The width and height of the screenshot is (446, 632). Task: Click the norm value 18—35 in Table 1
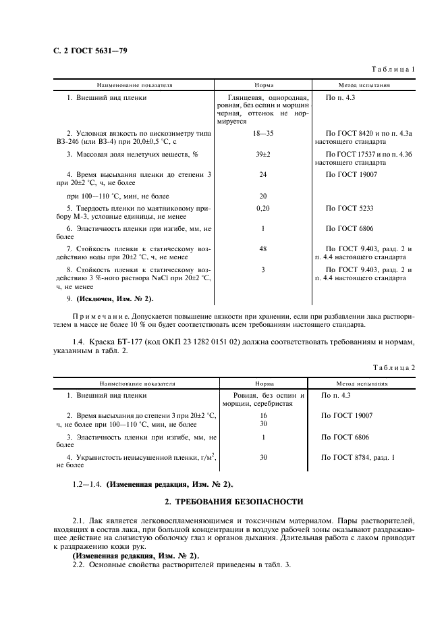point(263,134)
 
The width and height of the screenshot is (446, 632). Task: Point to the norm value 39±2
point(263,155)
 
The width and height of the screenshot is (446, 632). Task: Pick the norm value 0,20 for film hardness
point(263,209)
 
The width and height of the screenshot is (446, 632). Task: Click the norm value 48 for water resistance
point(263,249)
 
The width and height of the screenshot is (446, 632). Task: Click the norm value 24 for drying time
point(263,174)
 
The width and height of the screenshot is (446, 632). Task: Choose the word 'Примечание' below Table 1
point(99,315)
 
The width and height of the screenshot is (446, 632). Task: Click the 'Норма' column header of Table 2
point(263,383)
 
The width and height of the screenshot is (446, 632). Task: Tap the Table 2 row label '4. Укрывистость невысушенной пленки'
point(140,457)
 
